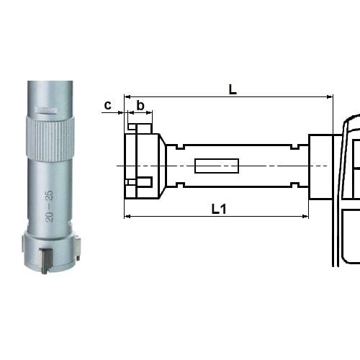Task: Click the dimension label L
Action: click(233, 89)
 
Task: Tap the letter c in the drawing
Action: click(107, 105)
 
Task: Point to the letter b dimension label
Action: click(140, 105)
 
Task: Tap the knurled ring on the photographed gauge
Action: click(50, 136)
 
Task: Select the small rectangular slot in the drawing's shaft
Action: click(216, 167)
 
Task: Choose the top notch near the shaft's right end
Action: click(296, 148)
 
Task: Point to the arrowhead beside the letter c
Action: click(120, 113)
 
